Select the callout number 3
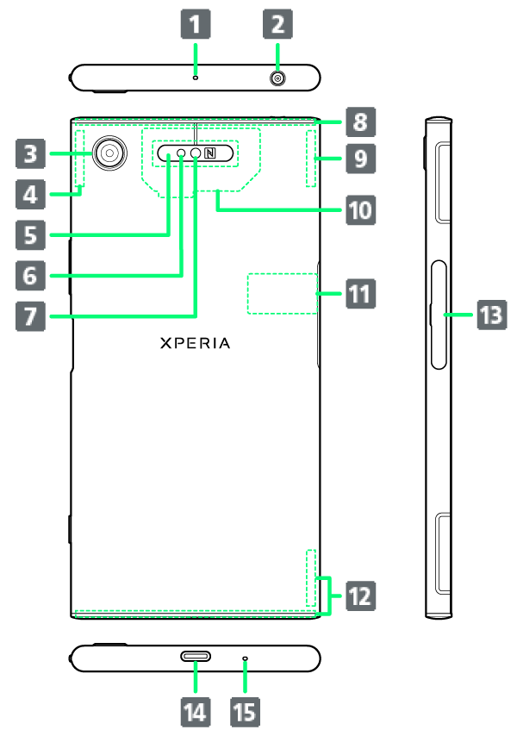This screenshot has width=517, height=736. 30,154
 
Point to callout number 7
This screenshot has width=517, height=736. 30,315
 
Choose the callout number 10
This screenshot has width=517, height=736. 359,209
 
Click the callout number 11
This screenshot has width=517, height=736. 359,296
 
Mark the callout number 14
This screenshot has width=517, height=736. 195,711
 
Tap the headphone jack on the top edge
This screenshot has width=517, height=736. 278,78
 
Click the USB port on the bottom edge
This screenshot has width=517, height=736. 196,657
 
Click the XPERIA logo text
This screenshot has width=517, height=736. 196,342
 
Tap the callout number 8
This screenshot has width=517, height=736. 359,122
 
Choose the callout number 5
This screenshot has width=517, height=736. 30,233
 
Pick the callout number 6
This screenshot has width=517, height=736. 30,275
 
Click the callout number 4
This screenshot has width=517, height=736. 30,194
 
